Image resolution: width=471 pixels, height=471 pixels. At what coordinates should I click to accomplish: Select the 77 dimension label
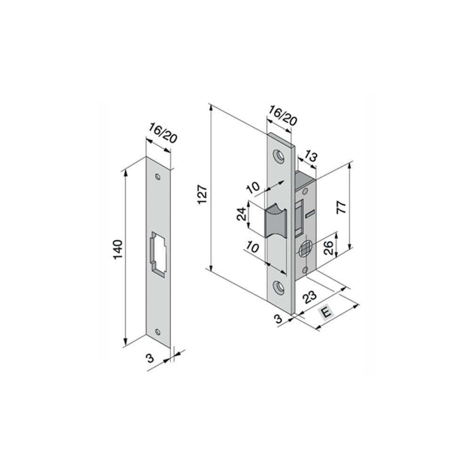pos(342,208)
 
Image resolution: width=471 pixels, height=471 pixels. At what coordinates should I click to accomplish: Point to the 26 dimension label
pos(329,248)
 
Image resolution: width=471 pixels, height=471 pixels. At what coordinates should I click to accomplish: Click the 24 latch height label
pos(242,214)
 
